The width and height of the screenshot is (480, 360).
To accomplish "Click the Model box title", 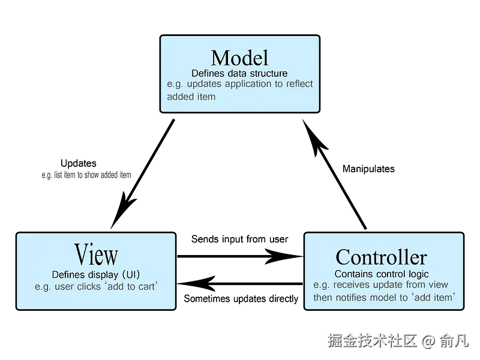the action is [239, 58].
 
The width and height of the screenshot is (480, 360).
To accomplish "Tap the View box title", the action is [96, 254].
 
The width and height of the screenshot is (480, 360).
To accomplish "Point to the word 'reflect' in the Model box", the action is [299, 84].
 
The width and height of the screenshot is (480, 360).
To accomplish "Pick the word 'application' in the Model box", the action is [247, 84].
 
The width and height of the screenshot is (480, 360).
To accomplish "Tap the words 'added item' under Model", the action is [191, 96].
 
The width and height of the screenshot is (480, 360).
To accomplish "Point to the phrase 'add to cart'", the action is [131, 286].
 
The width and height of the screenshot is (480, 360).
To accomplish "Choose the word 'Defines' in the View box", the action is [68, 274].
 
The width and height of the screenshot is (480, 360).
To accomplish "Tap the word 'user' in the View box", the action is [64, 286].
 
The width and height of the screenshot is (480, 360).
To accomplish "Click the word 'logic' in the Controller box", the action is [416, 274].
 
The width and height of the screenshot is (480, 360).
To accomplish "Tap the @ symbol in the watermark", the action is [427, 341].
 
